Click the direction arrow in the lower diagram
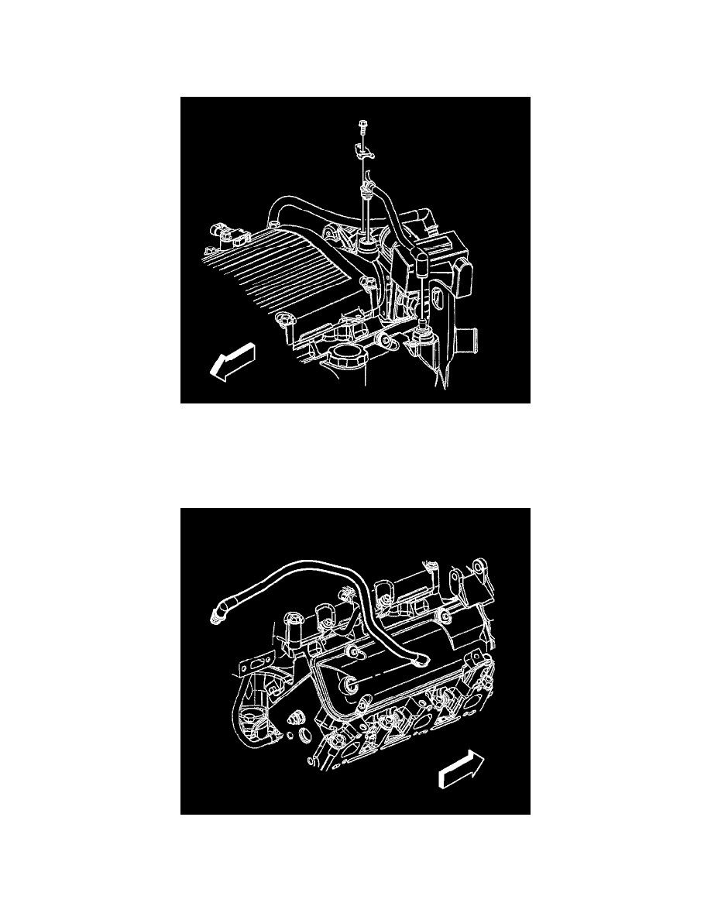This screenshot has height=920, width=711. click(x=459, y=768)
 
